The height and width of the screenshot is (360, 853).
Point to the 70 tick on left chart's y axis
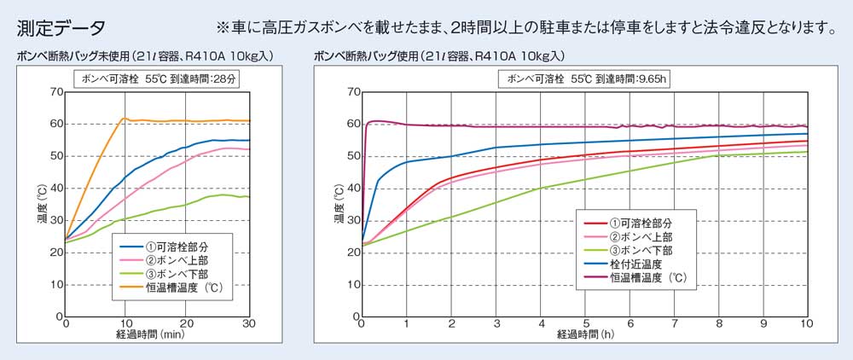pos(56,91)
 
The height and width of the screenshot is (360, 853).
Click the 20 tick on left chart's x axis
pos(186,324)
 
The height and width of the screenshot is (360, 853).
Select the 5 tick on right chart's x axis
pos(584,324)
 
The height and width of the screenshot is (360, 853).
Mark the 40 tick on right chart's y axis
pos(351,189)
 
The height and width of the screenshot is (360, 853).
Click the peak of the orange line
pos(125,118)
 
